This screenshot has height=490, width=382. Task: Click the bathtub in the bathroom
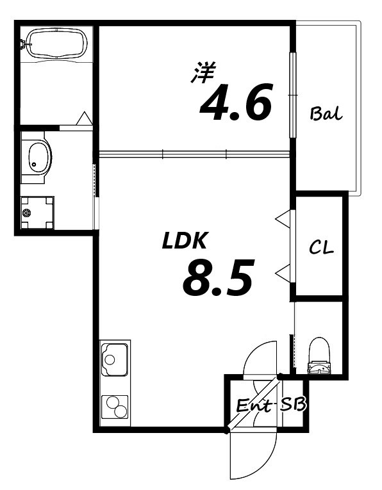tap(54, 44)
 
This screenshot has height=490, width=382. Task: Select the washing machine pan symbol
tap(37, 213)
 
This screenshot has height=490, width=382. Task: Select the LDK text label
tap(183, 241)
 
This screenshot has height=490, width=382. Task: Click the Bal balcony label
tap(326, 115)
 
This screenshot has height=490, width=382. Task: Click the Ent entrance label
tap(254, 406)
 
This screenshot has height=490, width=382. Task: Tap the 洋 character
tap(204, 72)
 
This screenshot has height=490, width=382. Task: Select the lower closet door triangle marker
tap(283, 274)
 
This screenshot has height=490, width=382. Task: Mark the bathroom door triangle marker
tap(84, 119)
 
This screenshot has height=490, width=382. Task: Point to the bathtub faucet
tap(24, 44)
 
